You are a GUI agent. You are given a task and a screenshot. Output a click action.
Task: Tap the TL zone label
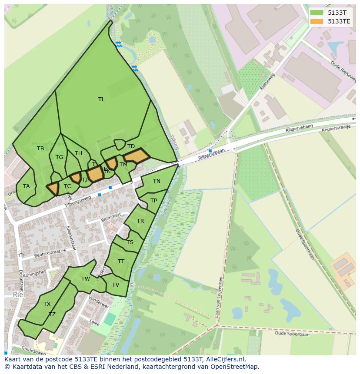click(101, 99)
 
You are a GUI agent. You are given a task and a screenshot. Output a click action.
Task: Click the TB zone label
click(40, 149)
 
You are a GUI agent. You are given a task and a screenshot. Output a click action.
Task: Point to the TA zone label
click(27, 186)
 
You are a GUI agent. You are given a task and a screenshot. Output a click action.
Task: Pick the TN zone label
click(157, 181)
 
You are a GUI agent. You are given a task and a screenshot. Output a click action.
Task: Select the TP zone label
click(153, 201)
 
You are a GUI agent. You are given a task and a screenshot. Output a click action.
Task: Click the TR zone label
click(140, 221)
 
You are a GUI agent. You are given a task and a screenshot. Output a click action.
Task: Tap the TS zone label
click(130, 242)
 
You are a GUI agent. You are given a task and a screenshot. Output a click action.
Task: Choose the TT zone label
click(121, 261)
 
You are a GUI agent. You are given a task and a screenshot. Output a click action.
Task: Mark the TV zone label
click(116, 285)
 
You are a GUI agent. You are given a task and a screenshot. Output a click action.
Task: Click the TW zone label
click(86, 279)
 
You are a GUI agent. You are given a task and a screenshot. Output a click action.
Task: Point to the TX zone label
click(47, 304)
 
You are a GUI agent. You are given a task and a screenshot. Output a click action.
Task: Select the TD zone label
click(131, 146)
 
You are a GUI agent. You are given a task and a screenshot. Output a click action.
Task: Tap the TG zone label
click(59, 157)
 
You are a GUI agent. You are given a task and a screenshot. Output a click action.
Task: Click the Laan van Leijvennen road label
click(220, 298)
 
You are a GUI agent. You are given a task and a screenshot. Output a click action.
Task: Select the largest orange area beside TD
click(137, 156)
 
